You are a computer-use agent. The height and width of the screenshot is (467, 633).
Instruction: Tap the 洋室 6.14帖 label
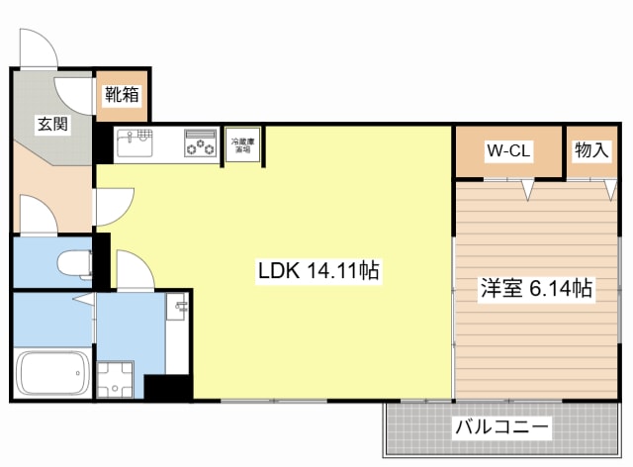[536, 289]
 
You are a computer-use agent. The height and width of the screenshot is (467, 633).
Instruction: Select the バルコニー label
[502, 428]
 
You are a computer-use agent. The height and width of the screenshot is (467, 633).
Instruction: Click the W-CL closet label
[509, 151]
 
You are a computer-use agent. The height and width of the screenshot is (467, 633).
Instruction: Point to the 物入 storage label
[591, 150]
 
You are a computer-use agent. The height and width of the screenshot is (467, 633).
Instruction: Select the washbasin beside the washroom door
[179, 312]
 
